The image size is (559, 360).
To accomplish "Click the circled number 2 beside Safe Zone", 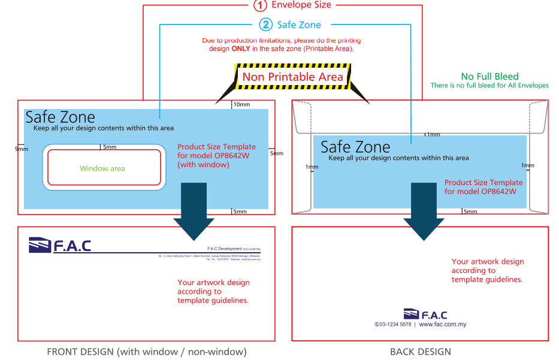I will [266, 25].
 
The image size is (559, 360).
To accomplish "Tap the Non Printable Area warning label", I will [292, 77].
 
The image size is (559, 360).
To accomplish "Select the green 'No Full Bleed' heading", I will [489, 77].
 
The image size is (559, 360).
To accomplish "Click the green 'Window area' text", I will [102, 168].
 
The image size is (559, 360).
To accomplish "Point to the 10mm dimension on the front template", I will [241, 105].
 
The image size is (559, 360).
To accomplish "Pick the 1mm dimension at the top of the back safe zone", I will [433, 135].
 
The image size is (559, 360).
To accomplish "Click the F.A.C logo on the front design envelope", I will [60, 245].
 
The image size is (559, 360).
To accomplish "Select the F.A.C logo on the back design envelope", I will [425, 315].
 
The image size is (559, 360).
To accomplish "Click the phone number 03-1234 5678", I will [393, 325].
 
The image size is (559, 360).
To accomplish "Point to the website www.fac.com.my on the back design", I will [443, 325].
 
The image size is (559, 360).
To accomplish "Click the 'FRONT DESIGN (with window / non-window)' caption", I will [147, 352].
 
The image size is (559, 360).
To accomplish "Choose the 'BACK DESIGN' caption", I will [420, 352].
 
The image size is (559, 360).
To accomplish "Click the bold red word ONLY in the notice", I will [241, 49].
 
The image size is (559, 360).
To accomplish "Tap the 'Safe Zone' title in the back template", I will [355, 147].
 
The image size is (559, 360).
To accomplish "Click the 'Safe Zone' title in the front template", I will [60, 117].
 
